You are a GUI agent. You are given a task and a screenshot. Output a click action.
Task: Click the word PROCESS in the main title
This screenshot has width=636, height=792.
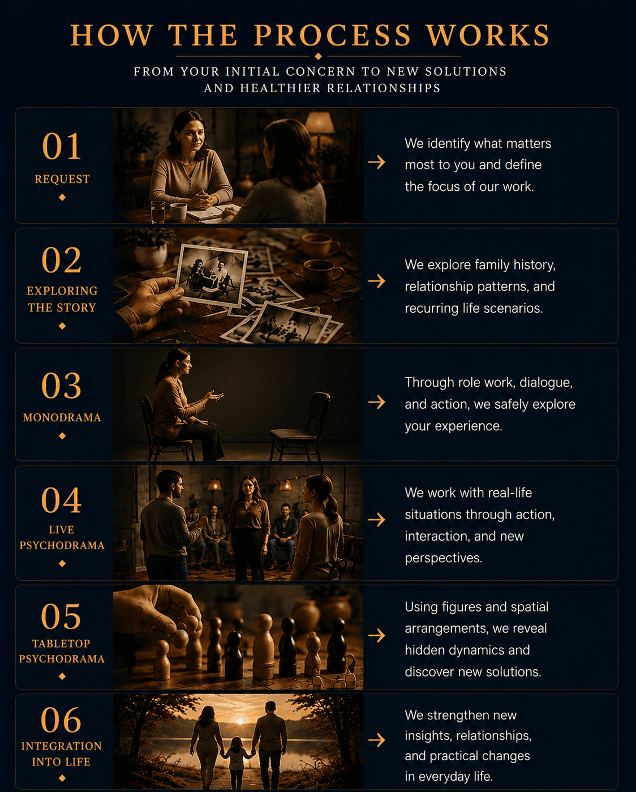tap(332, 35)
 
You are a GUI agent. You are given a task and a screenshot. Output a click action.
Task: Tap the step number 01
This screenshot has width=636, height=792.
tap(62, 147)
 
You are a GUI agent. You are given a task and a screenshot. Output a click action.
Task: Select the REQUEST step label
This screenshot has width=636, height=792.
tap(62, 179)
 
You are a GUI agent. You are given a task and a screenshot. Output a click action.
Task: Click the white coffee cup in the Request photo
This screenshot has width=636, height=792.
tap(178, 212)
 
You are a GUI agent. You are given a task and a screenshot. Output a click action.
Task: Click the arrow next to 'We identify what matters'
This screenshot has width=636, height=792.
tap(377, 162)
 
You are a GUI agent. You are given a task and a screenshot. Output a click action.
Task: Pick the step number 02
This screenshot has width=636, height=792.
tap(62, 260)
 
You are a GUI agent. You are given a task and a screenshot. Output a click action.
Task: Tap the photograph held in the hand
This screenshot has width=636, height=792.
tap(211, 275)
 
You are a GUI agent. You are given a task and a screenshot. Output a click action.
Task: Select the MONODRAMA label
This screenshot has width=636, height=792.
tap(62, 417)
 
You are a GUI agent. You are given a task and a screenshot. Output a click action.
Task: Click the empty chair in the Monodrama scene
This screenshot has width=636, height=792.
tap(300, 426)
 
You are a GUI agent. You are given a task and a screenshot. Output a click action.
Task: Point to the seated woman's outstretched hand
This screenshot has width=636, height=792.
tap(214, 397)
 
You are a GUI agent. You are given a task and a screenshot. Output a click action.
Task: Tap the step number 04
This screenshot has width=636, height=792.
tap(62, 500)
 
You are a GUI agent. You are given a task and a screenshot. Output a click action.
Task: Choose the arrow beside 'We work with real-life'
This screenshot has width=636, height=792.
tap(377, 520)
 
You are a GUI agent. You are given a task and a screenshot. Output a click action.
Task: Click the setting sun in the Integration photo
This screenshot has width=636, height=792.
tap(240, 721)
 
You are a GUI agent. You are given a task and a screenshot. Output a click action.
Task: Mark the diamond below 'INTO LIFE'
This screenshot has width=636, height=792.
tap(62, 778)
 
